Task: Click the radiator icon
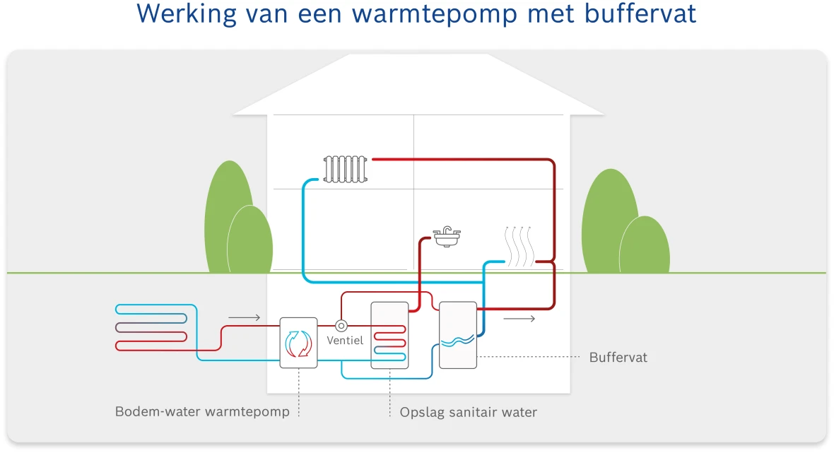point(346,170)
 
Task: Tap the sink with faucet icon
point(447,237)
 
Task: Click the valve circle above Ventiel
point(341,326)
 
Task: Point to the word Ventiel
point(345,341)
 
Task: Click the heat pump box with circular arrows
point(299,343)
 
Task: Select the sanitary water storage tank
point(389,335)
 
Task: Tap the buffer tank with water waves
point(457,335)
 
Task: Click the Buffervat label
point(618,358)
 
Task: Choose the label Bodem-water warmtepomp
point(202,411)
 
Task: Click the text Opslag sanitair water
point(468,412)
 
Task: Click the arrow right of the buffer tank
point(519,319)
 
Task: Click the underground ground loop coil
point(151,327)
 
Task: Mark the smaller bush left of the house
point(249,240)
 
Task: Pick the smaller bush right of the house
point(644,245)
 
